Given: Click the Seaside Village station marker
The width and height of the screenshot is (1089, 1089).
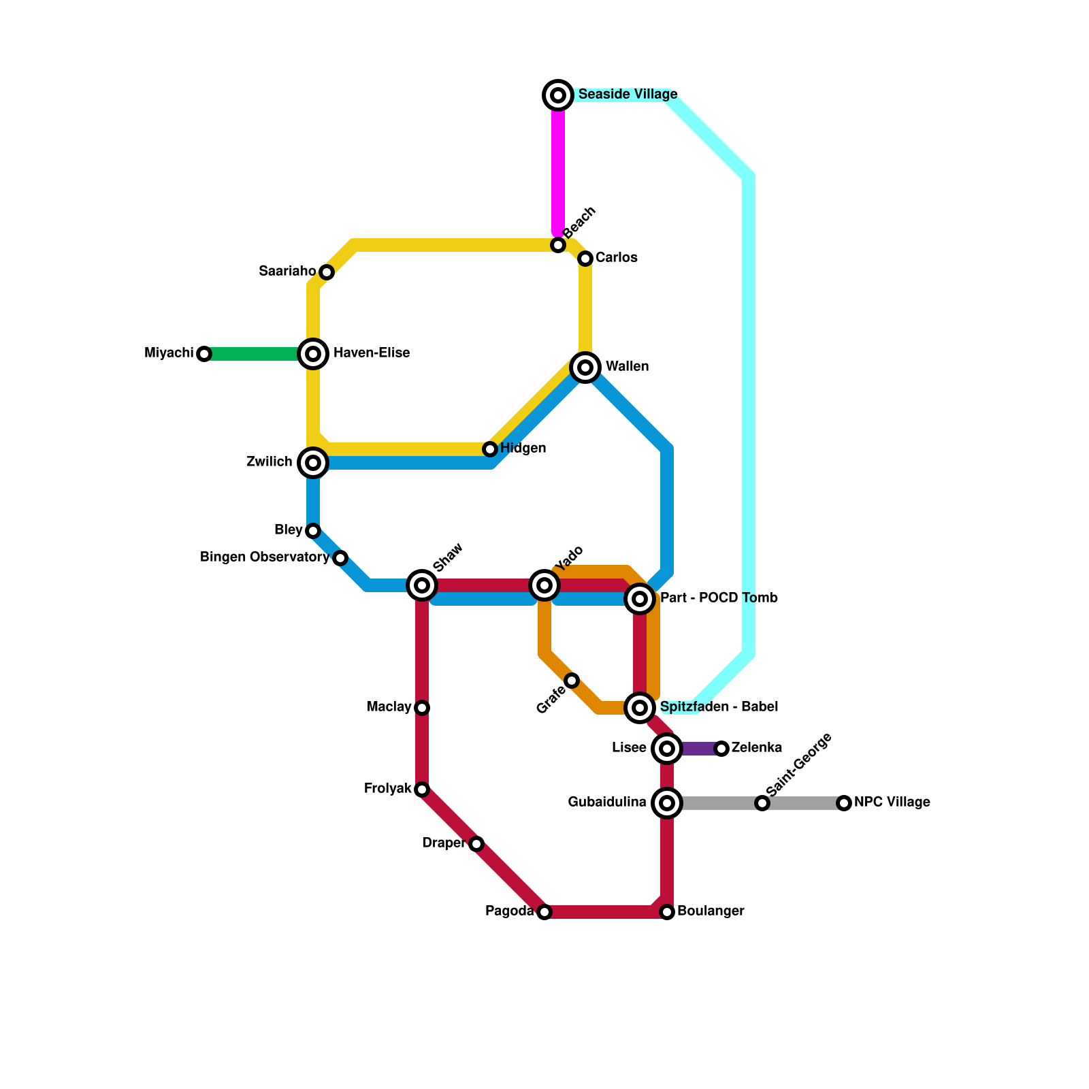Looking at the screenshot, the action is pos(558,95).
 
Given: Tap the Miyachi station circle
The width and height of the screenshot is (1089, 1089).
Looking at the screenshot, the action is pos(204,354).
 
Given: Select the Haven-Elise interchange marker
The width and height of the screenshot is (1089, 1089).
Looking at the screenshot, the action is pos(313,354).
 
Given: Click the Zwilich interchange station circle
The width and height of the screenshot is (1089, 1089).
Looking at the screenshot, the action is pos(313,463).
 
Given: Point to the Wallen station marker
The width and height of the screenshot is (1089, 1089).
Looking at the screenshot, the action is pos(585,368).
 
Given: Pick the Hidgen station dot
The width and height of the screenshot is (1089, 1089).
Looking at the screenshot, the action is pos(490,449).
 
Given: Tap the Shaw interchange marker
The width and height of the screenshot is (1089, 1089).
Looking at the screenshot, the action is pos(422,585).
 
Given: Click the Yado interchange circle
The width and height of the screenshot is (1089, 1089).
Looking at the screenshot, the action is pos(544,585).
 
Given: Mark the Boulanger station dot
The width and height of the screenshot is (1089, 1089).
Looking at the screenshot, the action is pos(667,912).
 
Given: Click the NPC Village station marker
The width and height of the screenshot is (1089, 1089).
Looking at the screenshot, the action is pos(844,803).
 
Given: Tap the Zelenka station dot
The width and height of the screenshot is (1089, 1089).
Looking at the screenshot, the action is pos(721,749).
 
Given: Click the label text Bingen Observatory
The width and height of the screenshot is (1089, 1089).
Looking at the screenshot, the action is pos(265,557).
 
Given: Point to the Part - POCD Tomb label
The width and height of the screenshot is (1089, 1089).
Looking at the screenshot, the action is pos(719,598).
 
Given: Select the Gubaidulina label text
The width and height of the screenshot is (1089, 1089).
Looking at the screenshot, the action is pos(607,802).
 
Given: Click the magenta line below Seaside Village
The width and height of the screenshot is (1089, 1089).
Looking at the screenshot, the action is pos(558,170).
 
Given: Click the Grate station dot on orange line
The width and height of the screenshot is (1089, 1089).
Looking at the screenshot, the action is pos(572,681).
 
